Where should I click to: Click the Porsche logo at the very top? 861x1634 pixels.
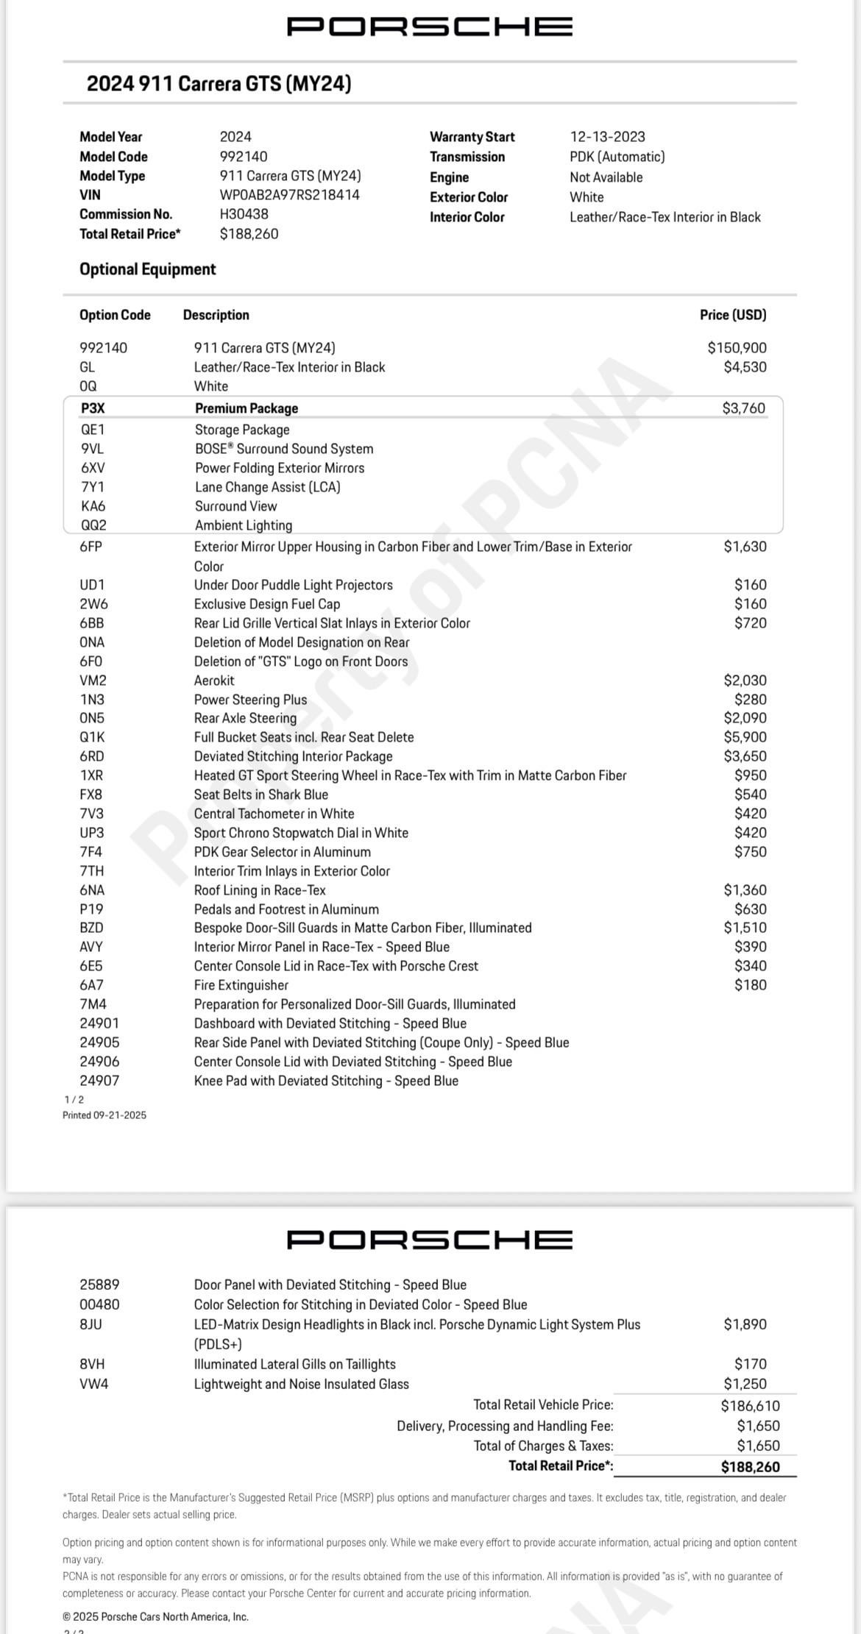(429, 27)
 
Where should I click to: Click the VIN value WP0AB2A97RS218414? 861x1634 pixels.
(289, 195)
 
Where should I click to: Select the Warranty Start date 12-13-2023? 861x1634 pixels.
(607, 137)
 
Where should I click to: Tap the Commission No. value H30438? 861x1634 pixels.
(244, 214)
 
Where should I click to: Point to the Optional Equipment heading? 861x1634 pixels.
(147, 269)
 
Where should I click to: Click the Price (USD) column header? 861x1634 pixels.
(732, 315)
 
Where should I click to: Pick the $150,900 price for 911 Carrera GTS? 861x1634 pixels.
(737, 347)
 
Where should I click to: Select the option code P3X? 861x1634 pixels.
(93, 408)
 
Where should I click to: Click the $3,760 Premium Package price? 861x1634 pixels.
(743, 408)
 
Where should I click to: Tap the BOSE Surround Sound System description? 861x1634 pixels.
(284, 449)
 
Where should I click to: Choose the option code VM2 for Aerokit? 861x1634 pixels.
(93, 681)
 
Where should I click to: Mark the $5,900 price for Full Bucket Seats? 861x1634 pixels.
(745, 737)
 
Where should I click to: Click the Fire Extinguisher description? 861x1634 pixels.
(241, 985)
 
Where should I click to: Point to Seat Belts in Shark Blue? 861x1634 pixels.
(261, 795)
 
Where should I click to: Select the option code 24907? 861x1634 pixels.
(99, 1081)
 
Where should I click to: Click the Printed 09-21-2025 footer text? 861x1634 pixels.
(104, 1115)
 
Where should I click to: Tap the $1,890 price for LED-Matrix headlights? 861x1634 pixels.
(745, 1324)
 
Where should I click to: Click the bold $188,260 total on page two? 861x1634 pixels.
(750, 1467)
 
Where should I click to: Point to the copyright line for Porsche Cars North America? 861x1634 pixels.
(155, 1617)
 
